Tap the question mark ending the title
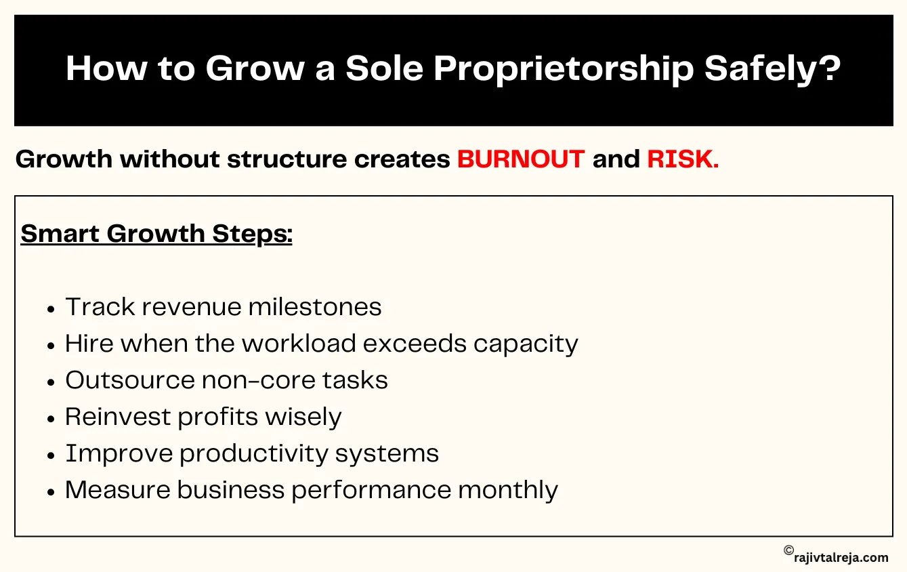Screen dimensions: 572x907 [x=829, y=69]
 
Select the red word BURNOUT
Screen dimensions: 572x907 [x=520, y=159]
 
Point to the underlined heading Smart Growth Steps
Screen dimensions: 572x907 [x=156, y=234]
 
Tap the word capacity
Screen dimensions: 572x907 [x=526, y=344]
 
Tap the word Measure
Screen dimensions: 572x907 [x=117, y=490]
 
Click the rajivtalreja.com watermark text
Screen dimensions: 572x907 [x=841, y=558]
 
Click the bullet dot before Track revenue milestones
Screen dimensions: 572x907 [x=51, y=308]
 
